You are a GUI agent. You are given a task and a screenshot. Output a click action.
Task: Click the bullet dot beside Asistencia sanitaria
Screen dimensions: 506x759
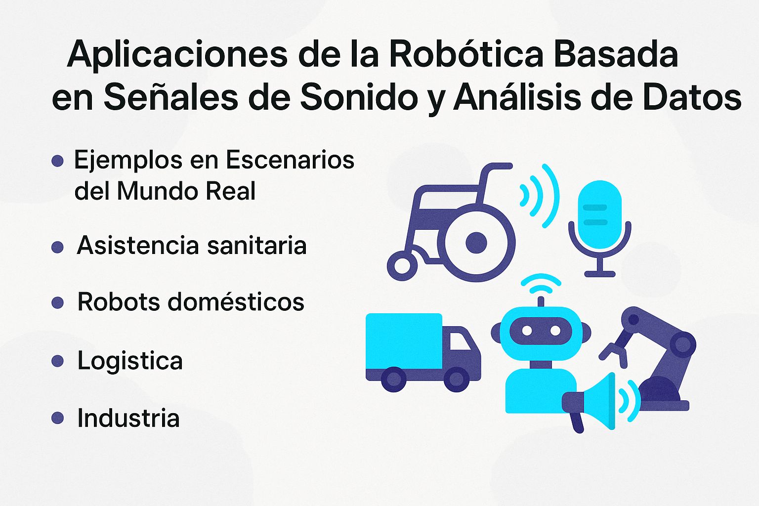58,247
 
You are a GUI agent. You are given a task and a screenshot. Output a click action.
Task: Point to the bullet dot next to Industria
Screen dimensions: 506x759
58,418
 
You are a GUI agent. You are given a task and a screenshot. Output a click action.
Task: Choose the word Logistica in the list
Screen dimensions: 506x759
130,360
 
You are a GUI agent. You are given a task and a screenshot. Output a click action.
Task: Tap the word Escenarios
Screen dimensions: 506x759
290,160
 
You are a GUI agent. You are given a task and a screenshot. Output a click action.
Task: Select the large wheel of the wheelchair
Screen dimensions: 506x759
476,243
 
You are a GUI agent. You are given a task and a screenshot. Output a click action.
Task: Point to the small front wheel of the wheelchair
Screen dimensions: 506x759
402,266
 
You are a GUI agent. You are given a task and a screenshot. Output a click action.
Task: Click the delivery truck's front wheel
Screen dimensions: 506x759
456,379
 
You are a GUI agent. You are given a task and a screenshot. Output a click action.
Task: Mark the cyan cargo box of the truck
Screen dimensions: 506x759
404,341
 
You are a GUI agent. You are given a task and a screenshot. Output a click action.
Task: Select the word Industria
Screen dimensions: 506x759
128,418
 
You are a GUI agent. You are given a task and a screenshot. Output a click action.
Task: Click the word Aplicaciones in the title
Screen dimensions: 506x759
177,54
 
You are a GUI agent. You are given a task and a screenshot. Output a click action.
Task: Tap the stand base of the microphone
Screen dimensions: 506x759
599,273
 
